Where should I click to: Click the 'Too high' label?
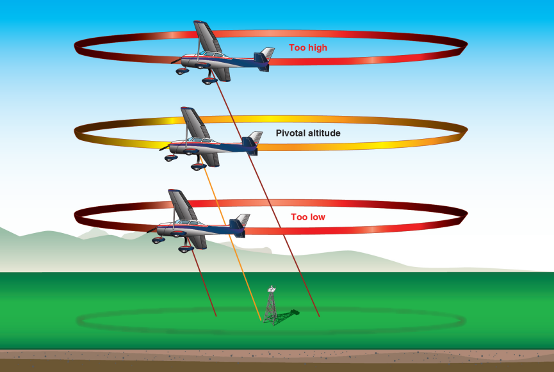pyautogui.click(x=308, y=47)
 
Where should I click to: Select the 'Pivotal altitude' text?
pyautogui.click(x=308, y=133)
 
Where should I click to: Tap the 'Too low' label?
pyautogui.click(x=308, y=217)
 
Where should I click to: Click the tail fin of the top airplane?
pyautogui.click(x=264, y=57)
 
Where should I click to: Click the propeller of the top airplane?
pyautogui.click(x=175, y=61)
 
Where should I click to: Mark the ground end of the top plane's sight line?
pyautogui.click(x=319, y=316)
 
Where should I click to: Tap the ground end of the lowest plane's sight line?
pyautogui.click(x=215, y=316)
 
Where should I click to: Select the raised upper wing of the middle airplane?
pyautogui.click(x=191, y=122)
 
